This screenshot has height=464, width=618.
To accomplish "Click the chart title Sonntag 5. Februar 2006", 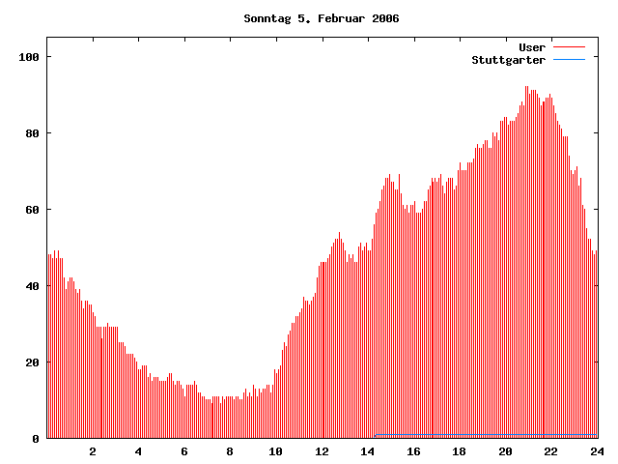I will pos(322,18).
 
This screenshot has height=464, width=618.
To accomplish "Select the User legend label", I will pos(532,47).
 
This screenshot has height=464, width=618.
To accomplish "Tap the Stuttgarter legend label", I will pos(508,60).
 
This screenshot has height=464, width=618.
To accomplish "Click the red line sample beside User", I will pos(569,47).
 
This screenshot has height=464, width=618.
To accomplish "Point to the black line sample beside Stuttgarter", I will pos(569,60).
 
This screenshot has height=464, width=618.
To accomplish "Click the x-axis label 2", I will pos(93,451).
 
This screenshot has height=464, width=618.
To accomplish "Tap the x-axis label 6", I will pos(184,451).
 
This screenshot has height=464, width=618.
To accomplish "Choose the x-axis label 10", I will pos(276,451).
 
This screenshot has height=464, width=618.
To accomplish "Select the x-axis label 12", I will pos(322,451).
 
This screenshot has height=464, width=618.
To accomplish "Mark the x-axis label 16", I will pos(413,451).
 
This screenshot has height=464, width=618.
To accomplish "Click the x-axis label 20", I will pos(505,451).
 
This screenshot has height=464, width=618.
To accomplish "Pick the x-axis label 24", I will pos(597,451).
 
